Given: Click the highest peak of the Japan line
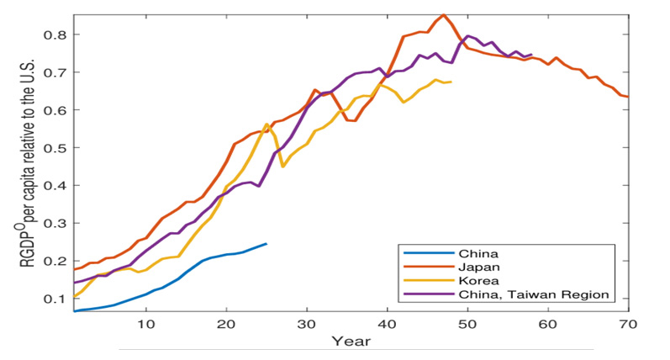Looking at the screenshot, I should [443, 14].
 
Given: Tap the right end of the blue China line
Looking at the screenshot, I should [266, 244].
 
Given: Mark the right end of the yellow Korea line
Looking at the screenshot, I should [451, 82].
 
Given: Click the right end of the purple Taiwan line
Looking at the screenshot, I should [531, 55].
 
